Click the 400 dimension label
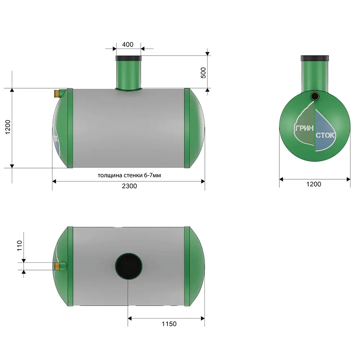point(128,44)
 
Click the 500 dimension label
point(203,73)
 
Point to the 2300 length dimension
point(129,186)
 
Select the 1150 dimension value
point(169,324)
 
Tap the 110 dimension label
point(19,246)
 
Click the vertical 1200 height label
point(8,127)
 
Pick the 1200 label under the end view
point(314,184)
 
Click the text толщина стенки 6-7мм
point(129,175)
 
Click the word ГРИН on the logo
point(304,128)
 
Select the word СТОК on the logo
point(325,135)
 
